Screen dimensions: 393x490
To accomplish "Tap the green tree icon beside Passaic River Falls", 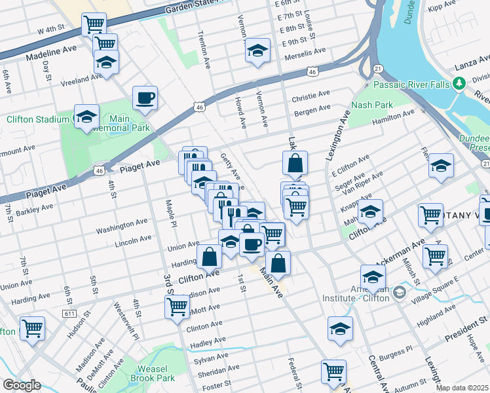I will click(x=460, y=83).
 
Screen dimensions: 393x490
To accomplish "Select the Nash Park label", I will click(x=371, y=105).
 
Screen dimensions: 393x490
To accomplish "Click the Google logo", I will click(x=22, y=385).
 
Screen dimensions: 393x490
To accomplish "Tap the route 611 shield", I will click(x=69, y=296).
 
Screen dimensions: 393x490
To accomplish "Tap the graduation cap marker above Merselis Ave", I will click(x=258, y=50).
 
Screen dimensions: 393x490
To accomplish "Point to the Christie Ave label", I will click(x=311, y=96).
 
